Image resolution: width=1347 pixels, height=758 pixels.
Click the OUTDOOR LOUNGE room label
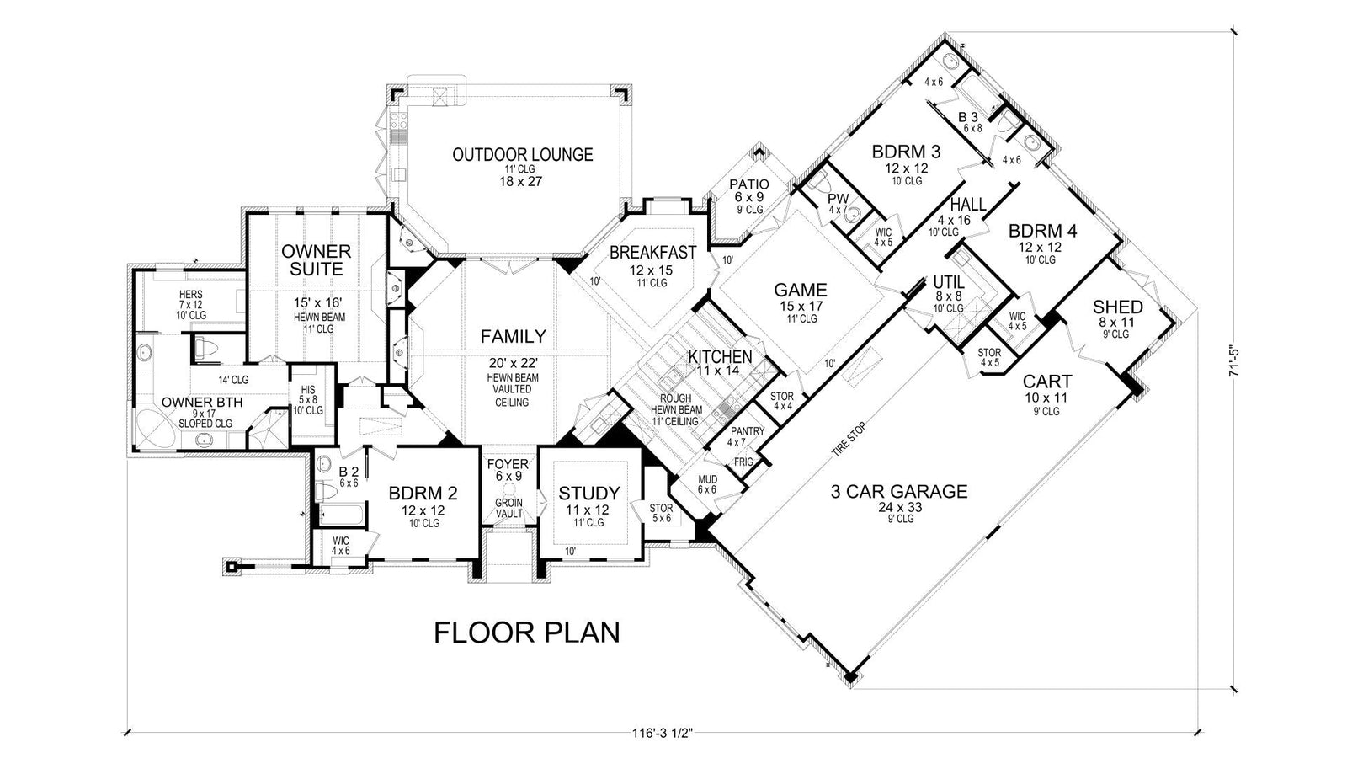click(522, 155)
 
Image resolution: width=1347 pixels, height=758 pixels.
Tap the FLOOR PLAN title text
click(527, 632)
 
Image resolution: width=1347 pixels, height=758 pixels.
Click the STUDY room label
click(589, 494)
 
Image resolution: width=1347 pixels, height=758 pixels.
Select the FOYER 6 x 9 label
click(508, 470)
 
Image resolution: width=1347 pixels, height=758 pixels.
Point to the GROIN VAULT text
click(508, 509)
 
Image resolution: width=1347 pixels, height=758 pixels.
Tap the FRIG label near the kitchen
click(743, 462)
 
